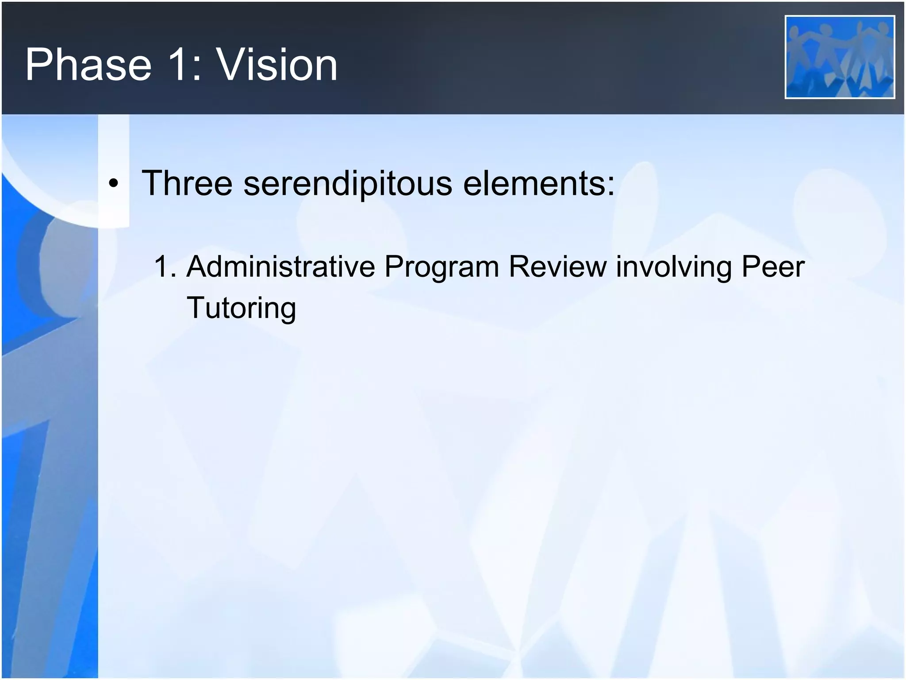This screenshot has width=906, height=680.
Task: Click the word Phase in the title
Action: coord(88,65)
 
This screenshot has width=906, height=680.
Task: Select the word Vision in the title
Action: coord(277,65)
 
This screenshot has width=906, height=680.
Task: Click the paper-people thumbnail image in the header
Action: coord(840,57)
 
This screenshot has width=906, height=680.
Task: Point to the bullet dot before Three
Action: coord(114,184)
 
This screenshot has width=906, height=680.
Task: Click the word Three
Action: coord(187,183)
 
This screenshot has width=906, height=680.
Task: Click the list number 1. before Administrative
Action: coord(165,267)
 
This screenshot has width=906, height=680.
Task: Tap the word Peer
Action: coord(773,267)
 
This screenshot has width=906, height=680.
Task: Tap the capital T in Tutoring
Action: coord(195,307)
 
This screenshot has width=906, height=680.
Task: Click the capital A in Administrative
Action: coord(197,267)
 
